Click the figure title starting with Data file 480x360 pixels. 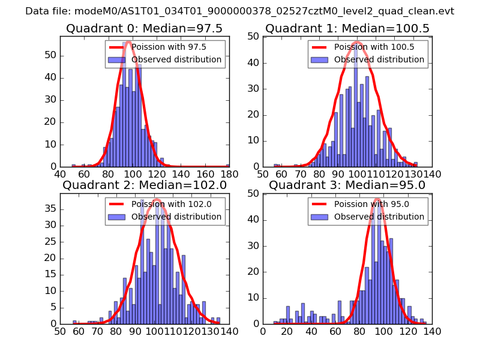(x=239, y=11)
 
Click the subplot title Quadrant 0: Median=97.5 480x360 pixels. (x=144, y=28)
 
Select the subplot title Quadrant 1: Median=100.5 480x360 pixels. (x=347, y=28)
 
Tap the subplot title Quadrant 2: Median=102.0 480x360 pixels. (x=144, y=185)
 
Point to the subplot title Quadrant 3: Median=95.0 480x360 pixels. (x=347, y=185)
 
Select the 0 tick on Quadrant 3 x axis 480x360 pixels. (x=263, y=331)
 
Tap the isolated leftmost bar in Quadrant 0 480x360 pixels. (x=74, y=165)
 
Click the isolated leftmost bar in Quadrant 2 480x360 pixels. (x=74, y=322)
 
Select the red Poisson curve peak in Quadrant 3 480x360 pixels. (x=378, y=199)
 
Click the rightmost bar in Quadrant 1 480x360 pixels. (x=415, y=164)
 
